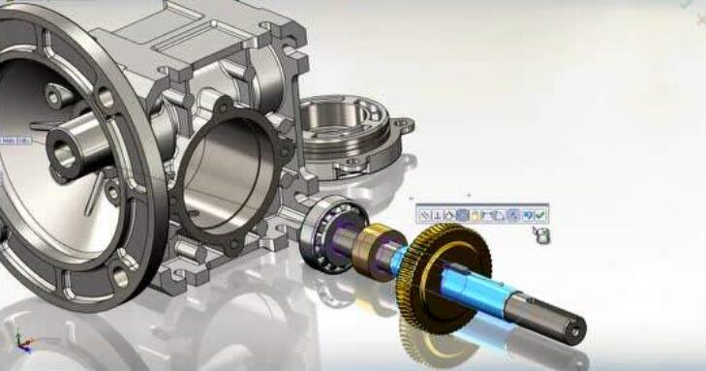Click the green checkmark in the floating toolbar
(x=540, y=215)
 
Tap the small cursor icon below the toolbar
(x=543, y=234)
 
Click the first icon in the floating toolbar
(x=425, y=215)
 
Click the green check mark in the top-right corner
(x=686, y=4)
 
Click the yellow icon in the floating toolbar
(x=475, y=215)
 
